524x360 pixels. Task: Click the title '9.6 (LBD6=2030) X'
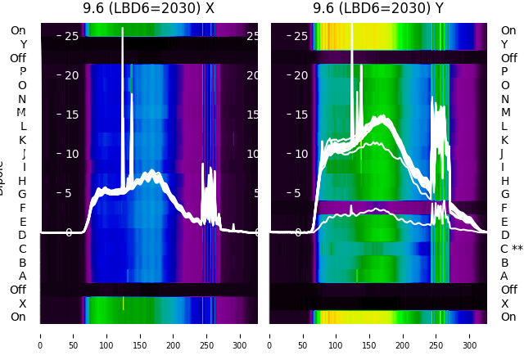(148, 9)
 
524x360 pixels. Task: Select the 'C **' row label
(512, 249)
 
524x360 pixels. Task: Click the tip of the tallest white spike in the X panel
(123, 29)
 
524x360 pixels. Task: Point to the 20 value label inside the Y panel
(301, 75)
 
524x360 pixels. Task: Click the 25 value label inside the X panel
(71, 36)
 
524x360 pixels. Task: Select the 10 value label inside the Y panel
(301, 154)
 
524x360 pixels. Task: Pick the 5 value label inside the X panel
(69, 193)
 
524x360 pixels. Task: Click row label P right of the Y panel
(505, 71)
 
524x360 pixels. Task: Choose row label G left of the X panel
(22, 194)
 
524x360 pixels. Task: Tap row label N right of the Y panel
(505, 99)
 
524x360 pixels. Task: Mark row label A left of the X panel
(22, 276)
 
